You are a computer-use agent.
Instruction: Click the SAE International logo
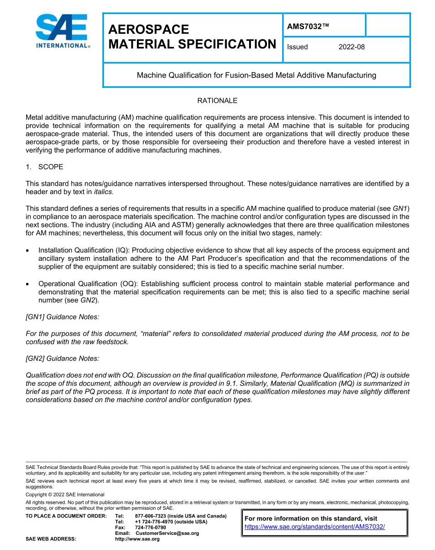tap(62, 31)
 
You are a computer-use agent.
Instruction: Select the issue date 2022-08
tap(351, 47)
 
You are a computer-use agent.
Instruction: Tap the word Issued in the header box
tap(297, 47)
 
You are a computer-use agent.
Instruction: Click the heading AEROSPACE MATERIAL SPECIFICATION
tap(192, 37)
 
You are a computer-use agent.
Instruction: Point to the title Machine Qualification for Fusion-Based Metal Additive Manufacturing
tap(256, 75)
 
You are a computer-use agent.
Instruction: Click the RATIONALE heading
tap(217, 100)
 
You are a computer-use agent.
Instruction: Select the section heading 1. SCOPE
tap(44, 167)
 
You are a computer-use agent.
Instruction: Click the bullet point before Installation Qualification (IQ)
tap(29, 250)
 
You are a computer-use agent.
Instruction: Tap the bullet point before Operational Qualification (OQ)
tap(29, 284)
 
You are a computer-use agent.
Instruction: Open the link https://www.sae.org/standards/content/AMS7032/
tap(315, 527)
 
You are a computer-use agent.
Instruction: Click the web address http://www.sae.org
tap(137, 539)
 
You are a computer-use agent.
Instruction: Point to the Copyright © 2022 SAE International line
tap(65, 495)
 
